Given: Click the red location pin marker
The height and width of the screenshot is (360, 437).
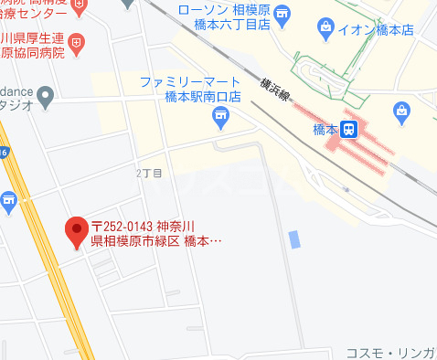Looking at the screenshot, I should [76, 232].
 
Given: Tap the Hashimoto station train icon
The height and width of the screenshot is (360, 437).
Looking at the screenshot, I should [348, 131].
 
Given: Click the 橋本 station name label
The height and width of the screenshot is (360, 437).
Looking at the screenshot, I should [325, 131].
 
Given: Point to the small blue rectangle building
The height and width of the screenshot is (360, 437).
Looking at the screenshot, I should [293, 239].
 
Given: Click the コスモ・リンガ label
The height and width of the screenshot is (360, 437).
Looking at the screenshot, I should [390, 353].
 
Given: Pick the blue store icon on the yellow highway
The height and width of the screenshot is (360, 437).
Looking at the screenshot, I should [9, 201].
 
